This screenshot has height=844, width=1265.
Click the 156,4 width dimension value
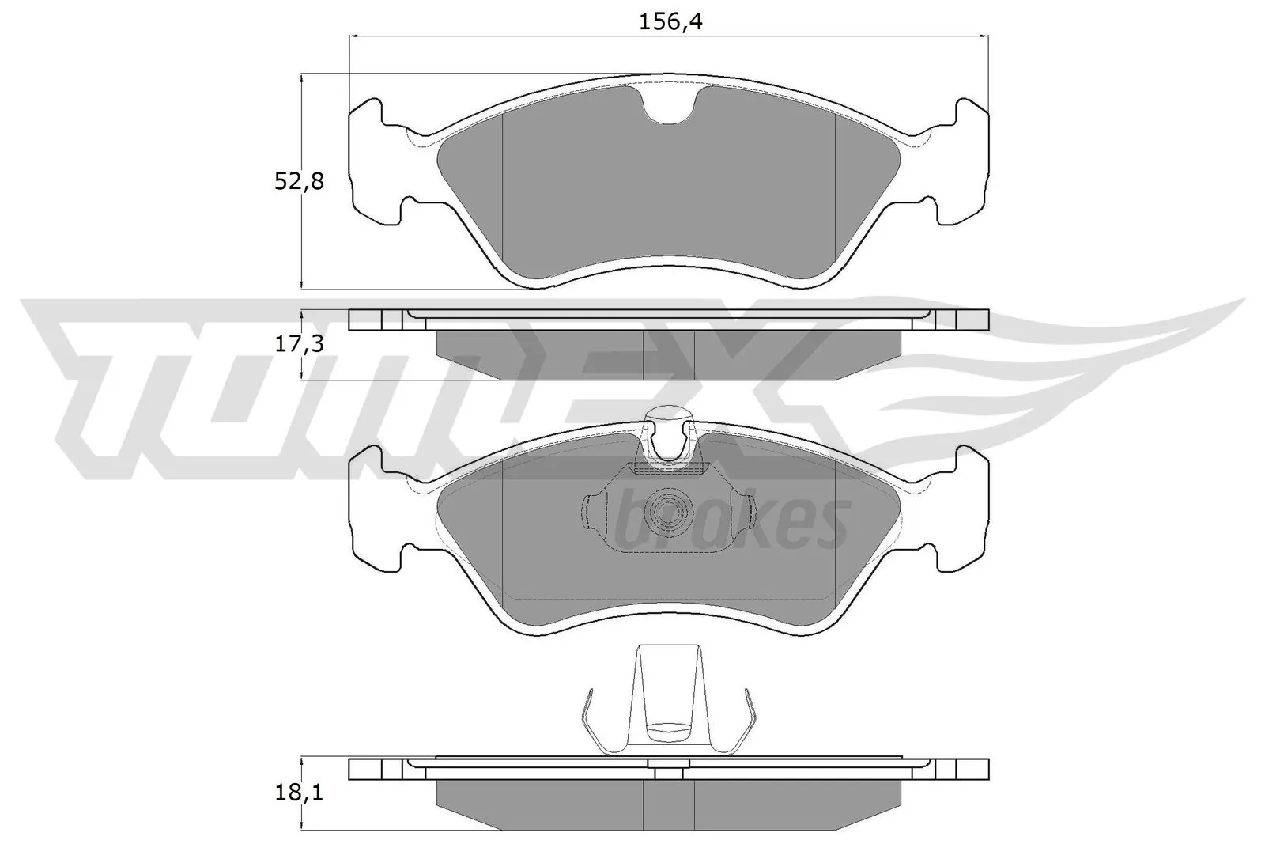[670, 21]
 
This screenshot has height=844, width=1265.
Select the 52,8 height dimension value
[299, 182]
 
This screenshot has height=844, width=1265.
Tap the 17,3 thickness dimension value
[299, 343]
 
